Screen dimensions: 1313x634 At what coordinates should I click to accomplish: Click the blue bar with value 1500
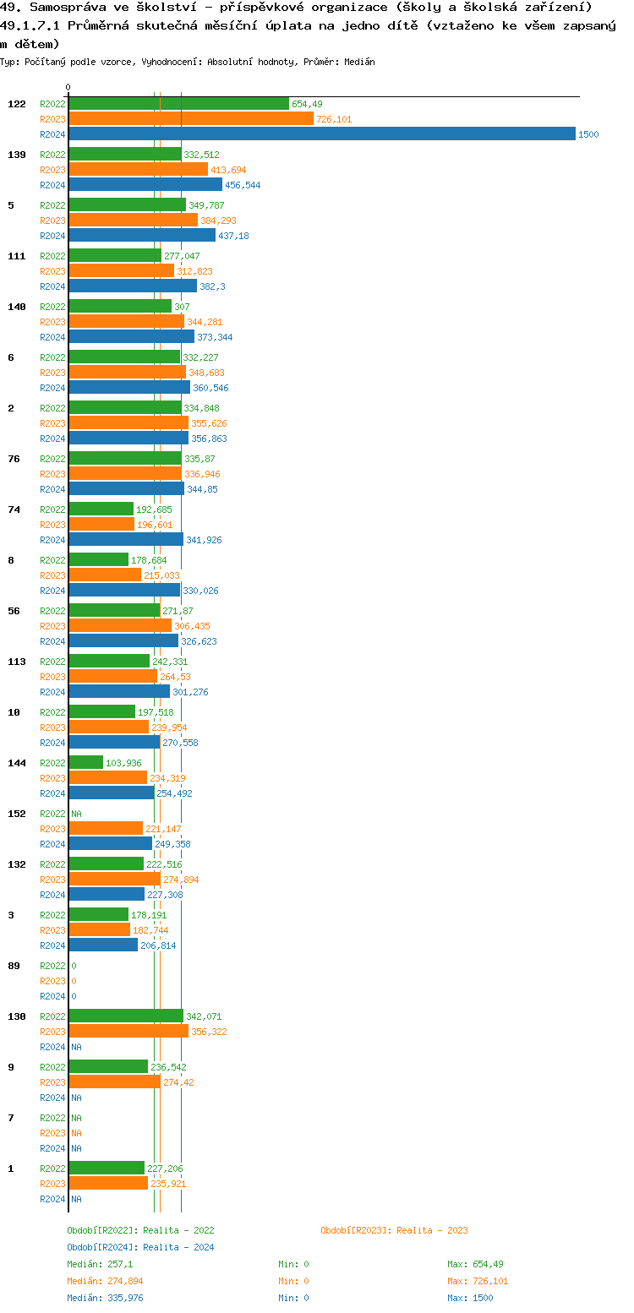321,134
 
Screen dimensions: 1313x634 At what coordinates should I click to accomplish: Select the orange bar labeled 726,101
191,119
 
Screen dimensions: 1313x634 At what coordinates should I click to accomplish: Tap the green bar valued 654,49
178,104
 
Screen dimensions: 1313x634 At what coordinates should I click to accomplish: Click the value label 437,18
233,236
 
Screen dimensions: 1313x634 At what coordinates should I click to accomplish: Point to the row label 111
17,256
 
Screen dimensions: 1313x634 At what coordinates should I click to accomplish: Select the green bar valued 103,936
85,763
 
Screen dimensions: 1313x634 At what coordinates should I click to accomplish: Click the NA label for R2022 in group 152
76,814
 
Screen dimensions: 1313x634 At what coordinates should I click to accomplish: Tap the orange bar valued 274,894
114,880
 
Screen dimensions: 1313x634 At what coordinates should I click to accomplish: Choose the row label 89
14,966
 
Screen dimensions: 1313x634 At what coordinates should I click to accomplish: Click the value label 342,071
204,1016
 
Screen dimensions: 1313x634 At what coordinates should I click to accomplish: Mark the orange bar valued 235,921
108,1184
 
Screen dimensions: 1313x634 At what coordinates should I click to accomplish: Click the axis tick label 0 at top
68,87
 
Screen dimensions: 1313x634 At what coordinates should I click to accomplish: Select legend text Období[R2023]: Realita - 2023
394,1230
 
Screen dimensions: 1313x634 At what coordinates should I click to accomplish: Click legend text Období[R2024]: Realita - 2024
140,1247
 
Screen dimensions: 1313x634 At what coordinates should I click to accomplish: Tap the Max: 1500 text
470,1298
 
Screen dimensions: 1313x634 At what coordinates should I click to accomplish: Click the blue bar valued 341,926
126,540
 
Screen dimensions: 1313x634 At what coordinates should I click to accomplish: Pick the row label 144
17,763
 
